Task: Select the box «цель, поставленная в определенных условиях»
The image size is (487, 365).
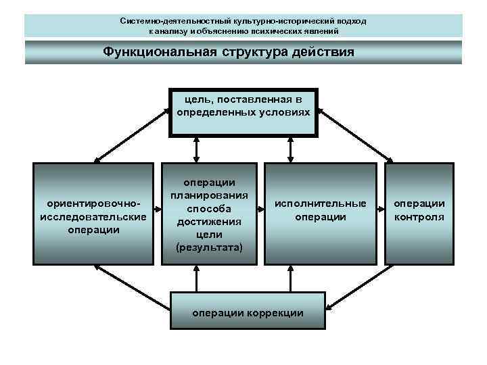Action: click(243, 111)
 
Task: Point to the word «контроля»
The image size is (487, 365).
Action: click(419, 218)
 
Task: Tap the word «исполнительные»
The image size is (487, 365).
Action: click(320, 203)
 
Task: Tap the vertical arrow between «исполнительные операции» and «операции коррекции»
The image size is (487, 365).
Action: click(291, 277)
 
